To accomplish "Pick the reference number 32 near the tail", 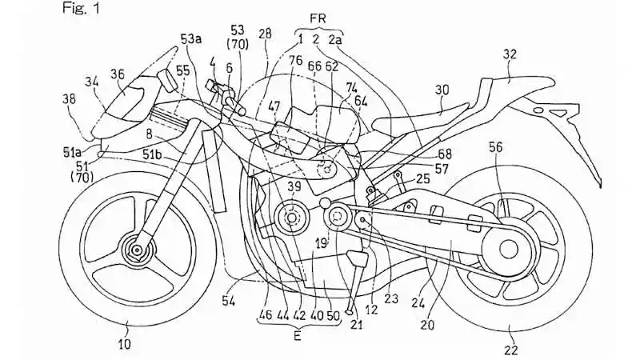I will click(510, 54).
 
